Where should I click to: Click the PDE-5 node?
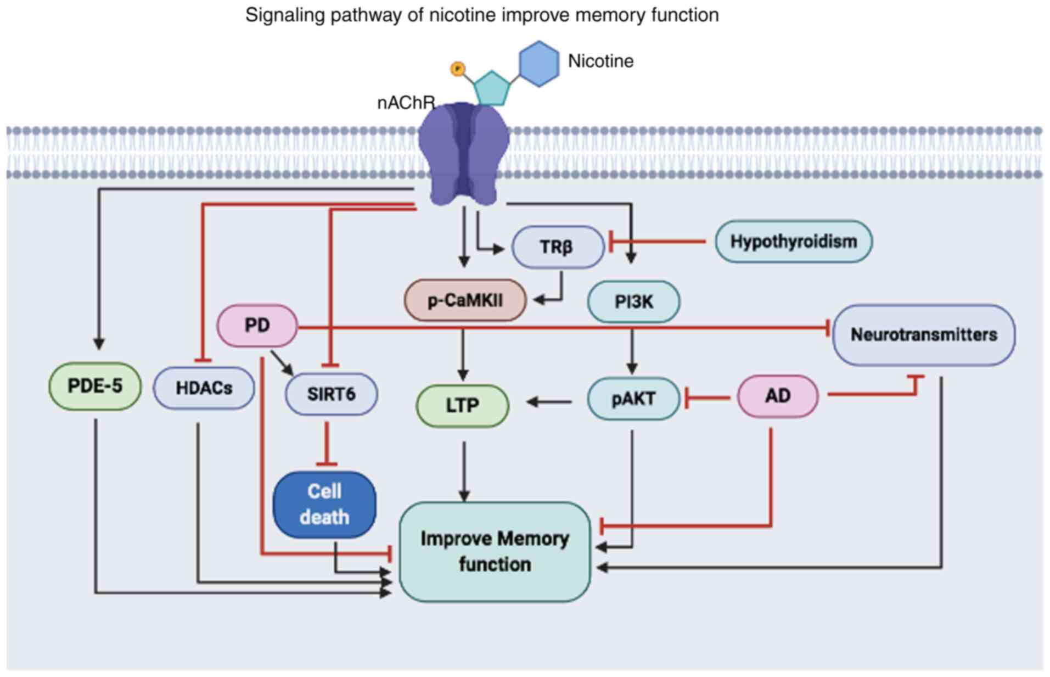pos(95,386)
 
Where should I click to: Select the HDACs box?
pos(204,388)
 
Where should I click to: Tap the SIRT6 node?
pos(331,394)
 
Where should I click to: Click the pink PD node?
pos(257,326)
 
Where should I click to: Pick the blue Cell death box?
pos(324,504)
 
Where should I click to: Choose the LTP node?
pos(462,405)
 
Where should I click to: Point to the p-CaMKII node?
pos(465,300)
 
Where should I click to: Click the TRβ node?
pos(557,247)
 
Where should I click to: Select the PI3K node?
pos(633,301)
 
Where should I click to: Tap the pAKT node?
pos(633,398)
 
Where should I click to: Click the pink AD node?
pos(777,396)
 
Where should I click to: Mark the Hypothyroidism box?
pos(793,242)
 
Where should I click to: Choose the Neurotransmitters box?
pos(923,334)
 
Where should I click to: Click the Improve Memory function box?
pos(495,551)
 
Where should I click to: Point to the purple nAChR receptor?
pos(464,154)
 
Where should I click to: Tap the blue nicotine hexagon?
pos(539,64)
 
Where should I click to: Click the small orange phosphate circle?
pos(457,69)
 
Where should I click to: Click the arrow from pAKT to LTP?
pos(549,402)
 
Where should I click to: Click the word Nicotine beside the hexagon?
pos(600,61)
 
